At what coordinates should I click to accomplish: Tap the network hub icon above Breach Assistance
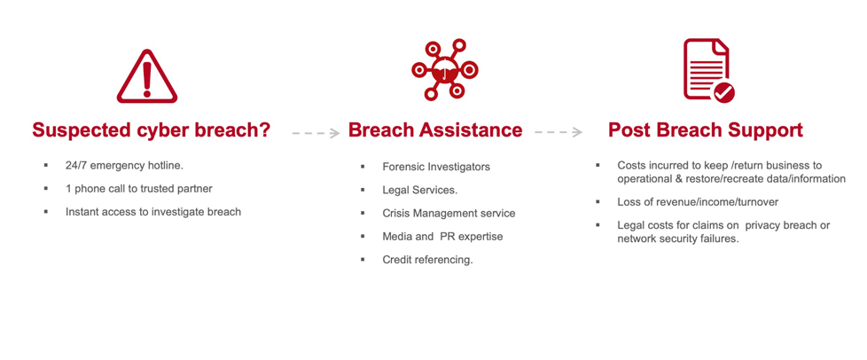(x=444, y=69)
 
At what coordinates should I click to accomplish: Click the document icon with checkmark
(x=709, y=71)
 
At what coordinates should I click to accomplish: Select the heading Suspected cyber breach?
(x=151, y=130)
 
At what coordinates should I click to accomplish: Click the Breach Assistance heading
(x=435, y=130)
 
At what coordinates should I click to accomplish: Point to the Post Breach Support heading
(x=706, y=130)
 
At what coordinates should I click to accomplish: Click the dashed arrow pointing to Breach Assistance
(x=316, y=133)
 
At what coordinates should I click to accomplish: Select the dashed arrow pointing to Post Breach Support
(x=558, y=132)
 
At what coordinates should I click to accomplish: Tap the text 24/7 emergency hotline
(x=124, y=166)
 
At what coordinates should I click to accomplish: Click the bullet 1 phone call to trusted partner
(x=139, y=189)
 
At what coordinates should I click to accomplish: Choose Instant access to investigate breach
(x=153, y=212)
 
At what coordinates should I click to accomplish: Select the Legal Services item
(x=420, y=190)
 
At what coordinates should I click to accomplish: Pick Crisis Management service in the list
(x=449, y=213)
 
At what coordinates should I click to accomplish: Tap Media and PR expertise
(x=442, y=236)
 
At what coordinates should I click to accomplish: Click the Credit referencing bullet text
(x=427, y=260)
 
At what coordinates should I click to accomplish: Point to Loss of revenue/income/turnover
(x=698, y=202)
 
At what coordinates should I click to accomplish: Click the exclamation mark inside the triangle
(x=146, y=80)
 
